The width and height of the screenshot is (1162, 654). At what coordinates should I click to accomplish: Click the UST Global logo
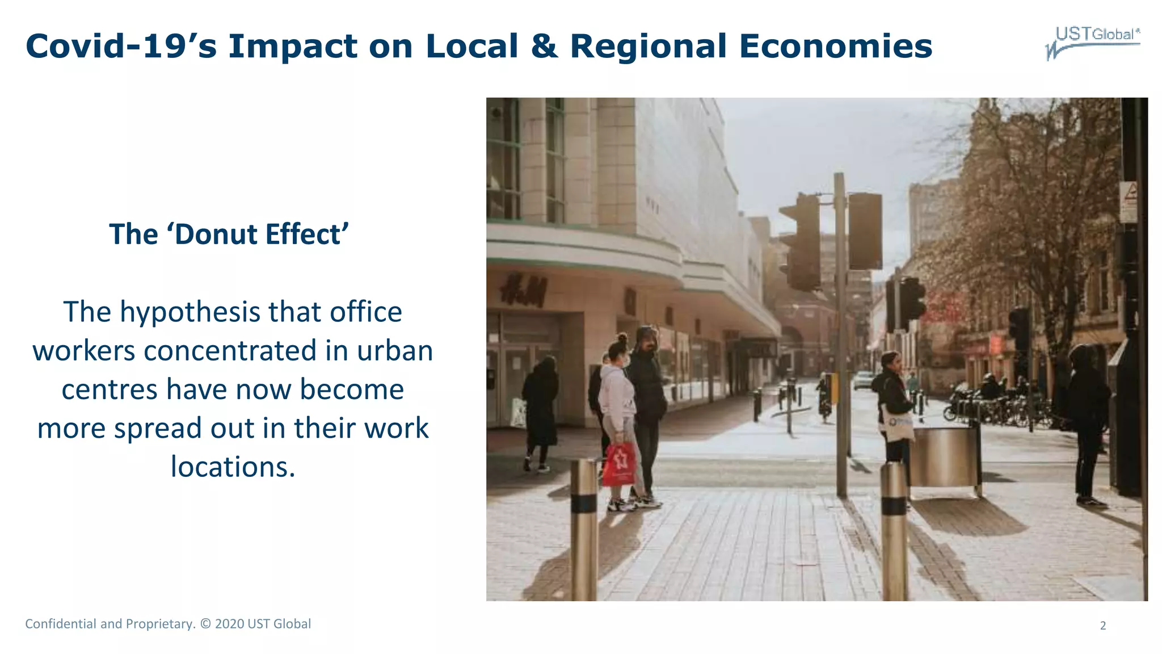pos(1093,42)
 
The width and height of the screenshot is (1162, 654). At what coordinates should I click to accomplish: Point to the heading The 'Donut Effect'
pos(229,234)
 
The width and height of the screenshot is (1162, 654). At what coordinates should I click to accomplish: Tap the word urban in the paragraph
pos(394,351)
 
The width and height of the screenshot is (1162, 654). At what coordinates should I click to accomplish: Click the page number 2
pos(1102,626)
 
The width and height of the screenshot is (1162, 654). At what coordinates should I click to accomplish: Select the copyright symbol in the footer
pos(205,624)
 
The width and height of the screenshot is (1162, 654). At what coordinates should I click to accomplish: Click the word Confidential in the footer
pos(61,624)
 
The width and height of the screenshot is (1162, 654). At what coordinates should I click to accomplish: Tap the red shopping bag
pos(618,464)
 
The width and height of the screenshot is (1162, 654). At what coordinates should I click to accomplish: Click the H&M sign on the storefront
pos(523,290)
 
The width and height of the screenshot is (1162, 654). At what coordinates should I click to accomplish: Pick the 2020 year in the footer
pos(229,624)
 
